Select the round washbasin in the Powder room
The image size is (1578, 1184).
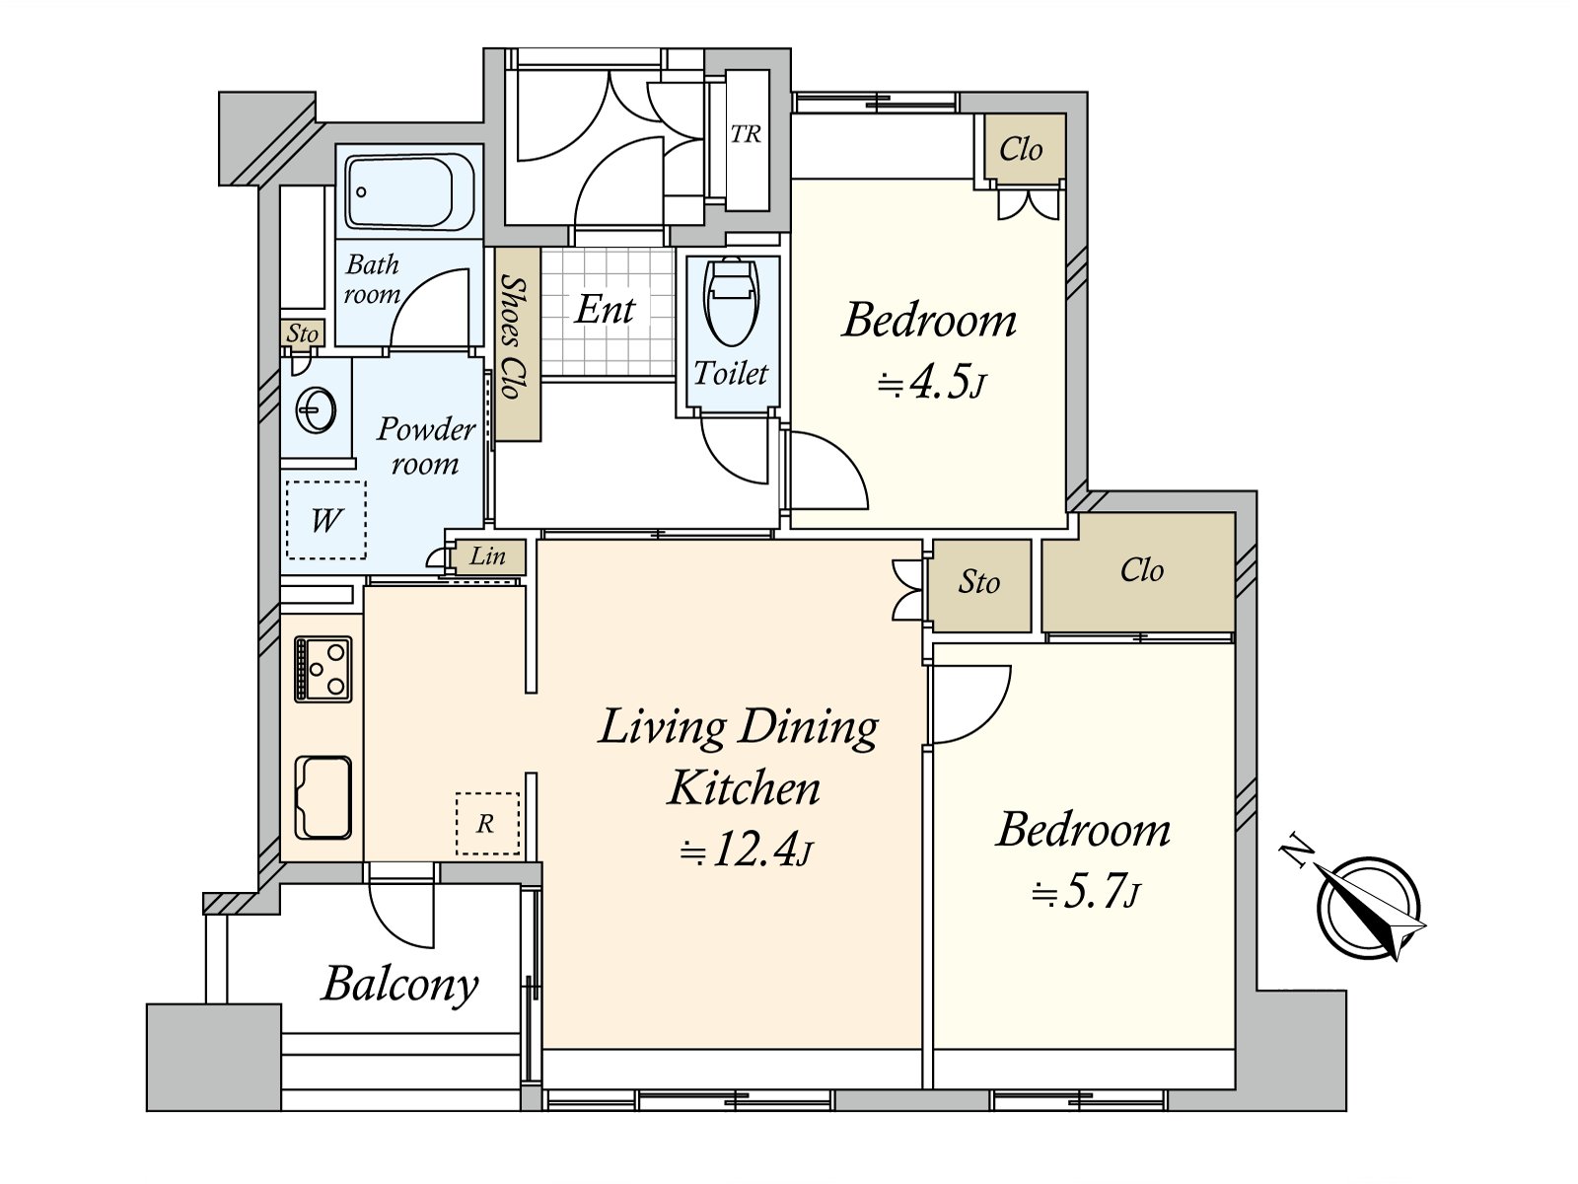tap(315, 411)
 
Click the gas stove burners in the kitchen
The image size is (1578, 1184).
tap(323, 669)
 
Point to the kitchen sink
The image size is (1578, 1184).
tap(323, 797)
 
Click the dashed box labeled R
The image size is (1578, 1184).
tap(487, 824)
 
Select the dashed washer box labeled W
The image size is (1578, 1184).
tap(325, 520)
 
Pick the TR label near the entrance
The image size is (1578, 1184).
tap(746, 134)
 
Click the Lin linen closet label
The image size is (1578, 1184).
tap(487, 555)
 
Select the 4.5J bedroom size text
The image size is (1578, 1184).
tap(930, 385)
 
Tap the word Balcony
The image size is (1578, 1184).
tap(400, 985)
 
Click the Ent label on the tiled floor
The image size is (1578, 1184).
tap(605, 310)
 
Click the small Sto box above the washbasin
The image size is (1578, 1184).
tap(302, 334)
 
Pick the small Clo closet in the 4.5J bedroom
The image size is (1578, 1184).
tap(1021, 149)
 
